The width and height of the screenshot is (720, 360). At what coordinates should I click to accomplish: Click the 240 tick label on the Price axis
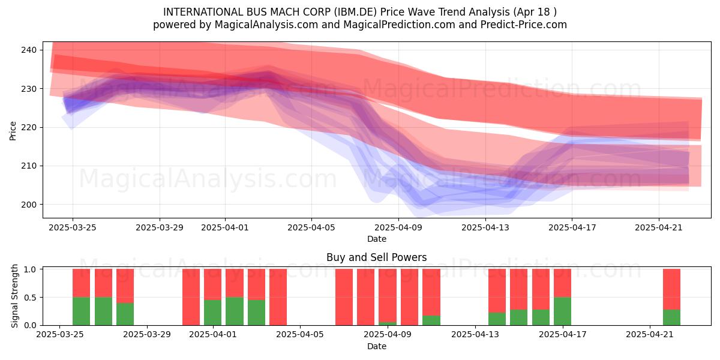[x=29, y=50]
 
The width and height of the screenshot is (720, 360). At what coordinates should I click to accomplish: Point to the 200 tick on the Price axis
[x=29, y=205]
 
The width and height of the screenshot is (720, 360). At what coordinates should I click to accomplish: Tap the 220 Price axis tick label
[x=29, y=128]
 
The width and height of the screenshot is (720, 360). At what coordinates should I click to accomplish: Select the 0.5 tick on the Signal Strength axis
[x=31, y=298]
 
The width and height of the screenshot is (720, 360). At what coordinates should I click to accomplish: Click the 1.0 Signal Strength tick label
[x=31, y=269]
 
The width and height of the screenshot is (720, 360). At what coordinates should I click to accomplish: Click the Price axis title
[x=13, y=131]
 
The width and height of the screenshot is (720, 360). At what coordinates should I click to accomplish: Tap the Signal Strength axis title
[x=14, y=296]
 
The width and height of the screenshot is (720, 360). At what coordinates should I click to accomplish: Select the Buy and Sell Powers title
[x=376, y=257]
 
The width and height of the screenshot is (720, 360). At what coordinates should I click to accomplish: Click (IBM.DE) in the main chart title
[x=355, y=12]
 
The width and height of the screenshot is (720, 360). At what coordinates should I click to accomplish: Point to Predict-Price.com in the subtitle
[x=524, y=25]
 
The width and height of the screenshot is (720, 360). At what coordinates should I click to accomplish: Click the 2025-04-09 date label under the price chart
[x=398, y=227]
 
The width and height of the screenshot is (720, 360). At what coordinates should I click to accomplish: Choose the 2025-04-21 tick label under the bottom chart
[x=650, y=335]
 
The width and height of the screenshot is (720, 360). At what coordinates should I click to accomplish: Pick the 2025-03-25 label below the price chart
[x=73, y=227]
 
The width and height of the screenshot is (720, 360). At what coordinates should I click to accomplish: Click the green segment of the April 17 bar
[x=563, y=311]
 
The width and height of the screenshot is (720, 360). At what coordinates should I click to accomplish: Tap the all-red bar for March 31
[x=191, y=298]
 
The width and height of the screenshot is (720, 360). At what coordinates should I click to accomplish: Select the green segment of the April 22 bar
[x=672, y=317]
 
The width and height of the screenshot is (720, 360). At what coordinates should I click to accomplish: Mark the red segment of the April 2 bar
[x=235, y=283]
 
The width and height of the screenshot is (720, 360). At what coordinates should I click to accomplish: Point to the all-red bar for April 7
[x=344, y=298]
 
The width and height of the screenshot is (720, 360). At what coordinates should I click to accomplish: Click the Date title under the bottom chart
[x=377, y=347]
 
